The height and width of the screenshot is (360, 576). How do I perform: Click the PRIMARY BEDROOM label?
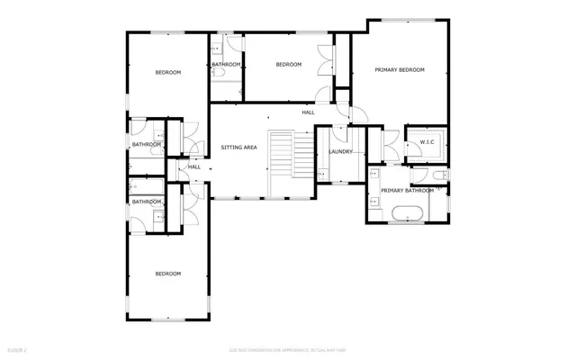[399, 69]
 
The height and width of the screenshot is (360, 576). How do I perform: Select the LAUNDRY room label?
[340, 151]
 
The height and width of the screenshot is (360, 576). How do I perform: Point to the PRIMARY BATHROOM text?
[407, 191]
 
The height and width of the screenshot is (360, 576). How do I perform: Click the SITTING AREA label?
[239, 147]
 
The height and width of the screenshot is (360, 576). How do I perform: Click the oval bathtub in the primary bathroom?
[408, 214]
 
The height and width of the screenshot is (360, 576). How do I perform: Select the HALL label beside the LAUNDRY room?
[308, 112]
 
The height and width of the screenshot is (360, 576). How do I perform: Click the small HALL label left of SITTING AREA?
[193, 166]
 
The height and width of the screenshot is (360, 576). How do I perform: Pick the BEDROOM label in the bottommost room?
[167, 274]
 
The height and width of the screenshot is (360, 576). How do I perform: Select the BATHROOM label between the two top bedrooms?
[226, 65]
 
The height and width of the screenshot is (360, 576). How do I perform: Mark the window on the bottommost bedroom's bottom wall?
[168, 320]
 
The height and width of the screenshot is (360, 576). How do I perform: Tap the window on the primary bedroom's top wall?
[402, 19]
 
